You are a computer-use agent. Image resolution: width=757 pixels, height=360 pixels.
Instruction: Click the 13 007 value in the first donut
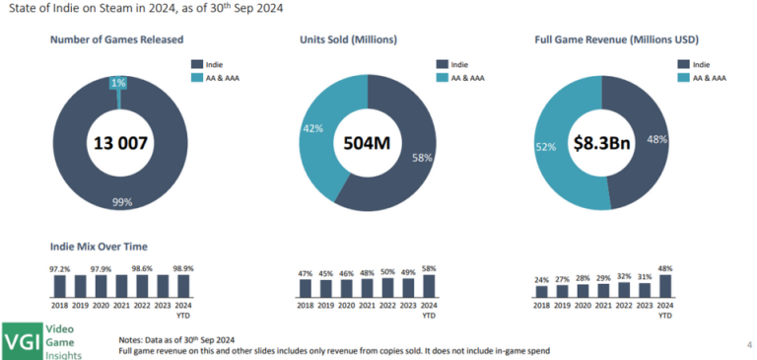point(119,144)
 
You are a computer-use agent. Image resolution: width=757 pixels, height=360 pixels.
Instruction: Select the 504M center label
point(366,144)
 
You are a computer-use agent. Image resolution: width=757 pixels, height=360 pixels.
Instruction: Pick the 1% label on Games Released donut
point(118,83)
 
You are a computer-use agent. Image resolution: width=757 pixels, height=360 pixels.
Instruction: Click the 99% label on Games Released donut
point(121,202)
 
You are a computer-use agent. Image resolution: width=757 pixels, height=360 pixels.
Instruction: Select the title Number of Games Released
point(110,39)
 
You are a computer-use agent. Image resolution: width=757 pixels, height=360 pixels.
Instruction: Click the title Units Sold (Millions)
point(349,39)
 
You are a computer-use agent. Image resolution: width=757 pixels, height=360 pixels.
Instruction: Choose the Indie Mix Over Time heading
point(97,245)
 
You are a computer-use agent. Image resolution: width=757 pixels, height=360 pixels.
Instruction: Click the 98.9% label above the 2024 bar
point(183,268)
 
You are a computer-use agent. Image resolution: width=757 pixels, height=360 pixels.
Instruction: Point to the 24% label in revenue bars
point(541,279)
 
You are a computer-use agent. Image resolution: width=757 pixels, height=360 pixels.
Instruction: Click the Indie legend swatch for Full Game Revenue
point(682,63)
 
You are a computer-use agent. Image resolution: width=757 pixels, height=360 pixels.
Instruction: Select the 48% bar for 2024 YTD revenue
point(665,285)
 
